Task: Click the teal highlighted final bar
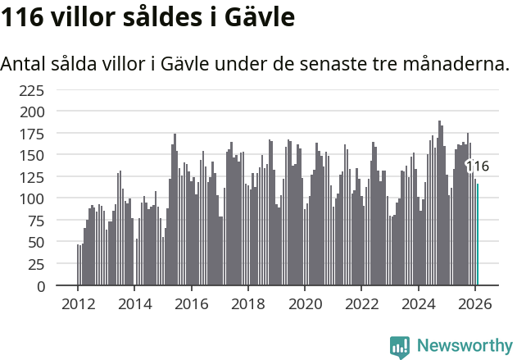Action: (478, 235)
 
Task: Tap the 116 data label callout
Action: (477, 166)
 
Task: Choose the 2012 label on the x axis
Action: (78, 303)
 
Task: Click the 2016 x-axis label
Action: (191, 303)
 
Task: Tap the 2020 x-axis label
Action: (305, 303)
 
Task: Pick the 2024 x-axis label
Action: (418, 303)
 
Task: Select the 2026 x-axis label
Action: (474, 303)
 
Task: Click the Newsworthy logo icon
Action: (400, 347)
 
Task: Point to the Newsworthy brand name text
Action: (464, 346)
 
